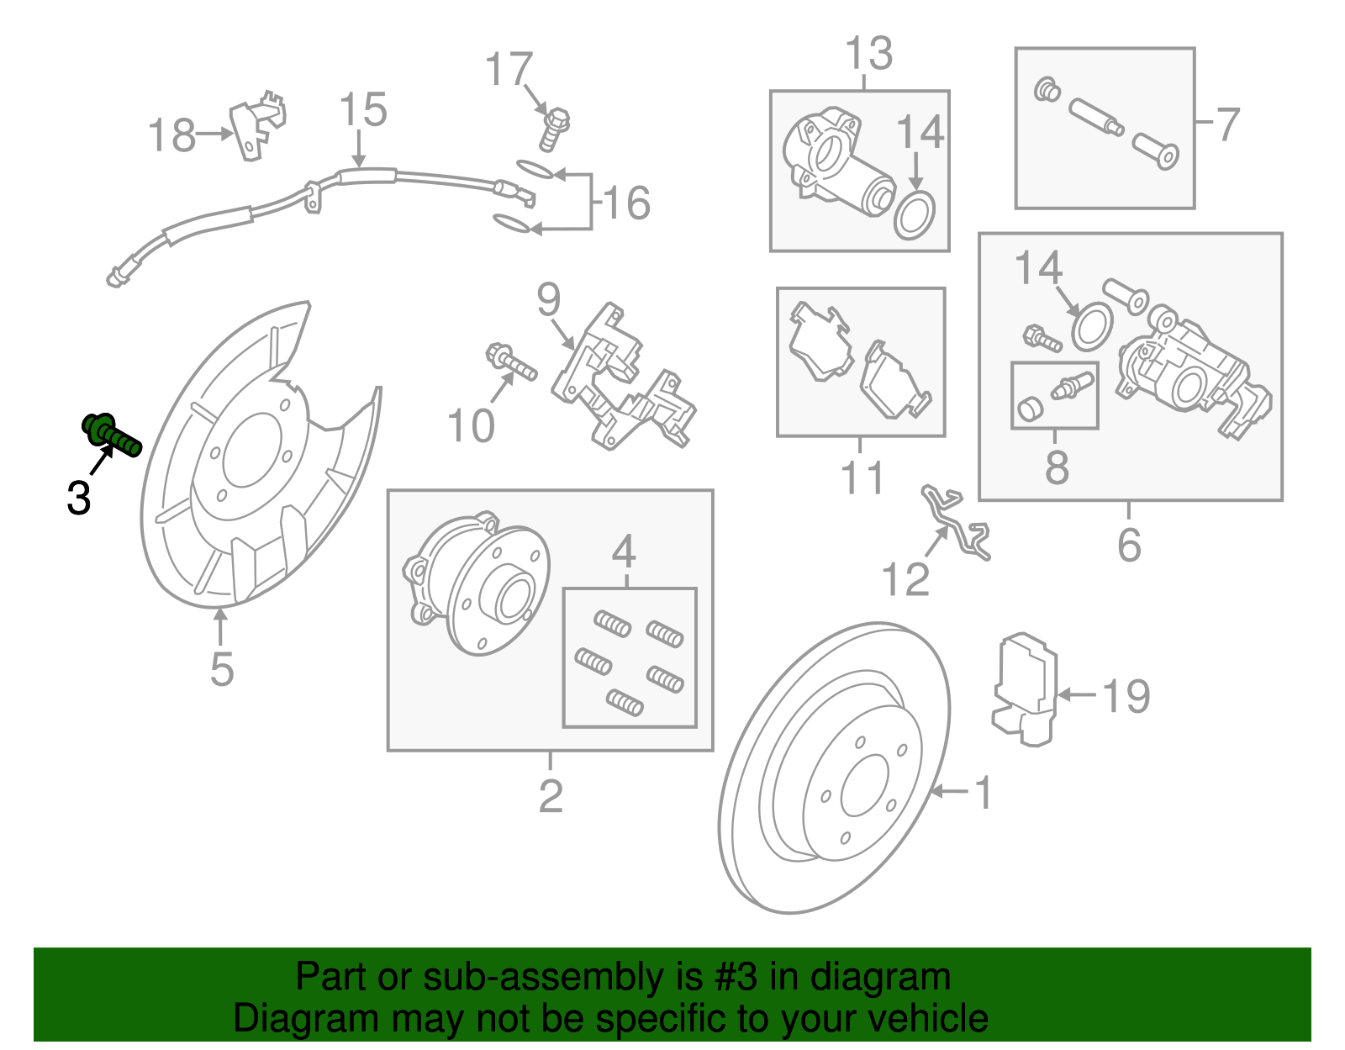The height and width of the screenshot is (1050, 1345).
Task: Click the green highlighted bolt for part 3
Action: point(111,434)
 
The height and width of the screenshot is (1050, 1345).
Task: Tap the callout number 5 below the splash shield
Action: point(221,669)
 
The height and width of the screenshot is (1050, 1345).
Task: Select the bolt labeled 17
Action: point(553,129)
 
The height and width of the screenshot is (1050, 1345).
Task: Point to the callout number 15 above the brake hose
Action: point(363,110)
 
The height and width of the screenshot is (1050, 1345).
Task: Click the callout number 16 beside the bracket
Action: point(626,203)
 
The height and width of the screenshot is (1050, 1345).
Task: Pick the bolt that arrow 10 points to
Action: point(510,362)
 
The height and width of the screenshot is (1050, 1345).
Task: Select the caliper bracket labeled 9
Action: point(622,378)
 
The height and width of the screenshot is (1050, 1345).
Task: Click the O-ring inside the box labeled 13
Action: point(915,215)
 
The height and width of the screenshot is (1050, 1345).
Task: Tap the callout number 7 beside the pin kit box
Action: point(1228,124)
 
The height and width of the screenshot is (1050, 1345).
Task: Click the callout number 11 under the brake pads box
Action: point(862,478)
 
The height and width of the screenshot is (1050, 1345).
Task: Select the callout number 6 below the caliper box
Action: point(1129,545)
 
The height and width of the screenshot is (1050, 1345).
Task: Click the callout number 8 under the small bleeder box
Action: point(1057,467)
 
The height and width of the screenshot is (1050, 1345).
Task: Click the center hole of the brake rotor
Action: point(864,785)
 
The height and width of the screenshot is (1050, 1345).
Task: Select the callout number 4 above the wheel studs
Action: point(623,552)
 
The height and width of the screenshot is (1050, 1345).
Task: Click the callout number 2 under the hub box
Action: point(551,795)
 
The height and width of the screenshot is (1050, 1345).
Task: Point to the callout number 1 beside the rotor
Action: point(983,793)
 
